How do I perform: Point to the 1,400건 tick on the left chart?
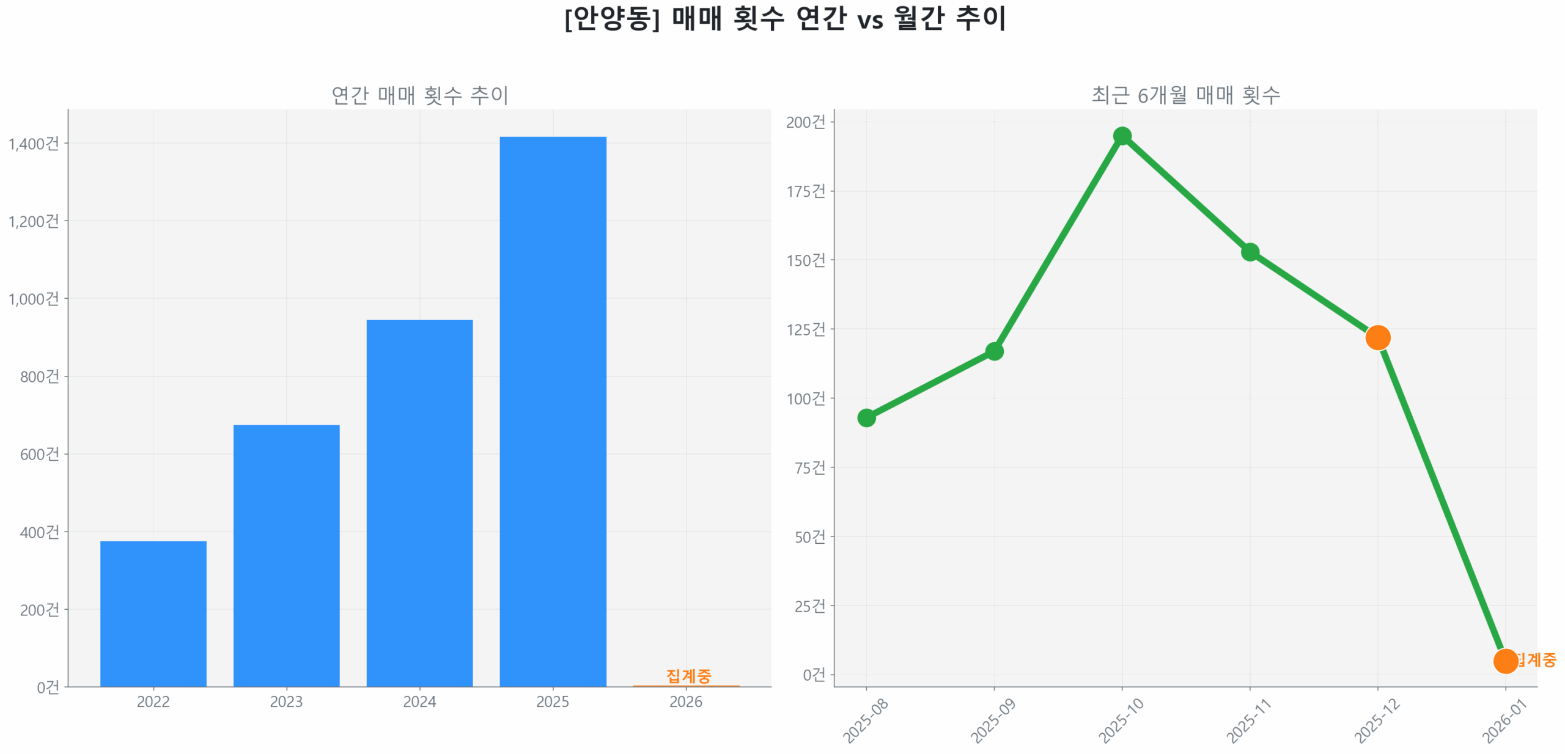34,144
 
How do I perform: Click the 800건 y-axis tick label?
39,376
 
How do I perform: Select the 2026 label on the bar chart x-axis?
685,701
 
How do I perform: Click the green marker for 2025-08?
866,417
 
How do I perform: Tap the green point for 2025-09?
993,351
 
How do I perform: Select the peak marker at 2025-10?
1121,136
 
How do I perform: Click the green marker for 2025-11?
1249,251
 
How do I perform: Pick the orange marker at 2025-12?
1377,337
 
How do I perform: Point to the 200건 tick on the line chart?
805,122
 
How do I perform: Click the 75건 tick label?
809,467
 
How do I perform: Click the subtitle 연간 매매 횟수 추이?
419,95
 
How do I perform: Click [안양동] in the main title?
611,18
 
